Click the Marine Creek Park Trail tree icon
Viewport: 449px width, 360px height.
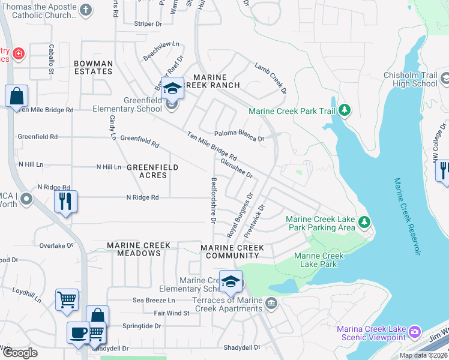point(345,110)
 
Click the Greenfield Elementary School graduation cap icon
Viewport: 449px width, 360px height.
point(172,90)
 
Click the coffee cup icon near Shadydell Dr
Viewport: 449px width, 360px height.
point(78,333)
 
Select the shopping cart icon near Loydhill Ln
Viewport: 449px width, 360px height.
point(67,299)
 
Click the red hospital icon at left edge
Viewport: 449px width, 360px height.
point(19,55)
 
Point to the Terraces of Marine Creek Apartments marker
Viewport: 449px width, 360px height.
point(271,304)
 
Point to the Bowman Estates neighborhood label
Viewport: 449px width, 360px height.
point(93,67)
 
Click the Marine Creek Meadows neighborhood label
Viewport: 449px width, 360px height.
point(139,250)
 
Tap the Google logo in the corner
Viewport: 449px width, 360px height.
point(20,353)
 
